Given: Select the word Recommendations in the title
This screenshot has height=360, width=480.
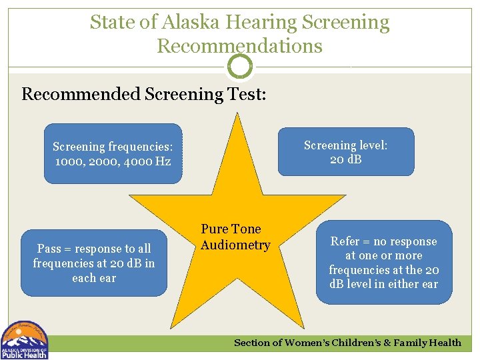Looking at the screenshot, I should click(x=239, y=46).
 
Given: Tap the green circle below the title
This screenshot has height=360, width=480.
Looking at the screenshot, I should click(x=240, y=67).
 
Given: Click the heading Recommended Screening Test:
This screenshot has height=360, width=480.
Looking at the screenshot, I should click(x=144, y=93).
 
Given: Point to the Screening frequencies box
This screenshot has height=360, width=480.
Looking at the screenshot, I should click(x=113, y=153).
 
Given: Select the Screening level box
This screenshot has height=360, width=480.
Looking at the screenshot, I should click(x=345, y=152).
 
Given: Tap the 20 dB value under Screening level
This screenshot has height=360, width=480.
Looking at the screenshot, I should click(x=345, y=159).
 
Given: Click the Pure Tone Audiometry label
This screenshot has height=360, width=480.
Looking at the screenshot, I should click(x=235, y=237).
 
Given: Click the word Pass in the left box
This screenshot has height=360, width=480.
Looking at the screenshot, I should click(x=49, y=249).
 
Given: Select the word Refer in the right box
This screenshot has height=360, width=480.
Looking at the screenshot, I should click(x=345, y=241).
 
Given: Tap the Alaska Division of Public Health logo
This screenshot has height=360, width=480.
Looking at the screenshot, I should click(x=25, y=340).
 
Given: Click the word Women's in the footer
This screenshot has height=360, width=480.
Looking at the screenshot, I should click(x=308, y=343).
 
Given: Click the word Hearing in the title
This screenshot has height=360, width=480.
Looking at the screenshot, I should click(x=262, y=22).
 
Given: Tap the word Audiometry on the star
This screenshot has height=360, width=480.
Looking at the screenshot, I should click(x=235, y=245).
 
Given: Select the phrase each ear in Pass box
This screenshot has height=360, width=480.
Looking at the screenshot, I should click(x=94, y=278).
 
